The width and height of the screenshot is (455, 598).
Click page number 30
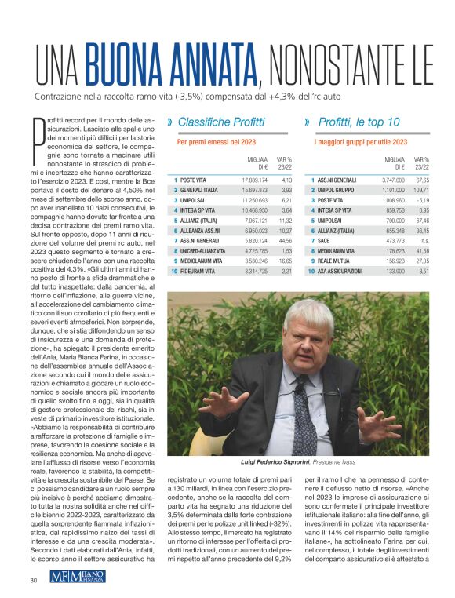click(34, 580)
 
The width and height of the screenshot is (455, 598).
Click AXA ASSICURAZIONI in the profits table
click(340, 293)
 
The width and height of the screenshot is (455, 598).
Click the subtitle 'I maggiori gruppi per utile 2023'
click(361, 142)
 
